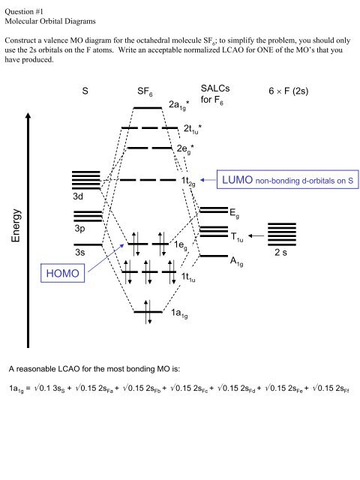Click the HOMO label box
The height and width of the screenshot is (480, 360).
coord(63,273)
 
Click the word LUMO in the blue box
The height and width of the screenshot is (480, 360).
coord(238,180)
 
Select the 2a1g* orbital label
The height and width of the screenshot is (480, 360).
coord(178,105)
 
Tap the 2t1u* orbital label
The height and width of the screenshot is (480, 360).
coord(193,129)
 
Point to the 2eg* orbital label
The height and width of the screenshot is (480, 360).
coord(185,149)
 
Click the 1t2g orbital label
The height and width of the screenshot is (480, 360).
coord(188,181)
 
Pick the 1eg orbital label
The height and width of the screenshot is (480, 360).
coord(180,245)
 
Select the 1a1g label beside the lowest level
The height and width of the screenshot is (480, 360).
coord(179,313)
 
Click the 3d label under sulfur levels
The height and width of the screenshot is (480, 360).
coord(78,196)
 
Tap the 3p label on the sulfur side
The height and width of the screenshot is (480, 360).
coord(79,229)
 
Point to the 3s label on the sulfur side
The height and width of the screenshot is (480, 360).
coord(79,252)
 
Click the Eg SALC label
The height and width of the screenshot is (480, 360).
coord(235,213)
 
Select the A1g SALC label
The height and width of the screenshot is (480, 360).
coord(237,262)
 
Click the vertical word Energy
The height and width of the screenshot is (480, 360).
coord(16,225)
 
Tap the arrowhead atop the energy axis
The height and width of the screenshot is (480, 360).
coord(28,115)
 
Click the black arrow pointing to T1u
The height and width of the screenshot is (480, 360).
coord(256,235)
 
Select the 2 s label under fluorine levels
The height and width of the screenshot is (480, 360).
coord(280,252)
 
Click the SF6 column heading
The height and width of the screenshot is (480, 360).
coord(145,91)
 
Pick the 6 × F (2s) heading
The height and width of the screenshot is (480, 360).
coord(288,91)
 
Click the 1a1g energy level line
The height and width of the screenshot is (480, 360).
coord(148,312)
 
